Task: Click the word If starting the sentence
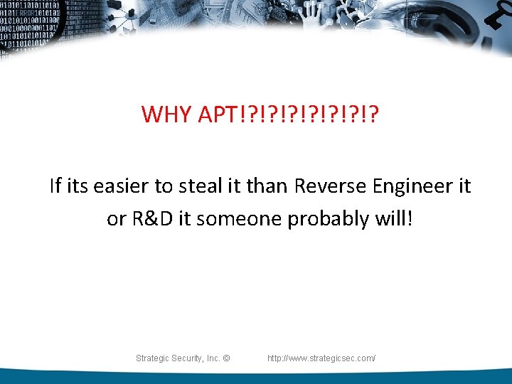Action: (x=55, y=186)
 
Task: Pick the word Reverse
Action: (x=329, y=186)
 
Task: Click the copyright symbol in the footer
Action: (x=227, y=358)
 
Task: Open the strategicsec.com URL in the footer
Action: (x=321, y=358)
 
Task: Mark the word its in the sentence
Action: (x=80, y=186)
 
